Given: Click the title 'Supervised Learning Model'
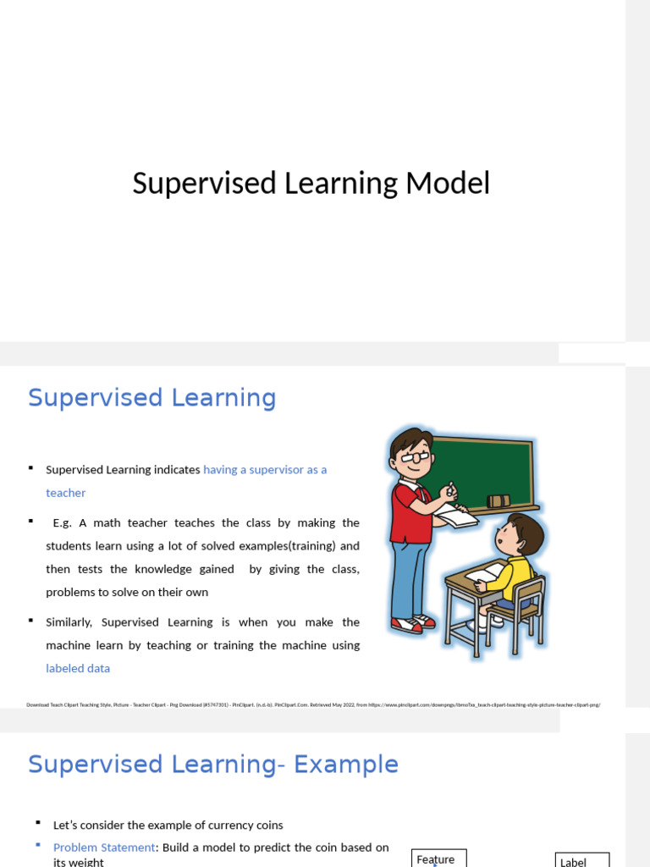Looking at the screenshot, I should pyautogui.click(x=311, y=183).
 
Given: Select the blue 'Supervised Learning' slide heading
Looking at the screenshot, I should pyautogui.click(x=152, y=397).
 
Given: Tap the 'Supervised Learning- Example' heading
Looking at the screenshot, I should pyautogui.click(x=212, y=764).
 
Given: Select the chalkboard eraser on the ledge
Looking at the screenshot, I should pyautogui.click(x=499, y=500).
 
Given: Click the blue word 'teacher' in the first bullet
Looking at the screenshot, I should pyautogui.click(x=65, y=493).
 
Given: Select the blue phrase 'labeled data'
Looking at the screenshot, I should pyautogui.click(x=78, y=668).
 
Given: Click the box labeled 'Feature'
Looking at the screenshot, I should pyautogui.click(x=438, y=859).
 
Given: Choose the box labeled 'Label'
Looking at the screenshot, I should pyautogui.click(x=581, y=860).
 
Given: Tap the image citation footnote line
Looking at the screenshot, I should pyautogui.click(x=313, y=704).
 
